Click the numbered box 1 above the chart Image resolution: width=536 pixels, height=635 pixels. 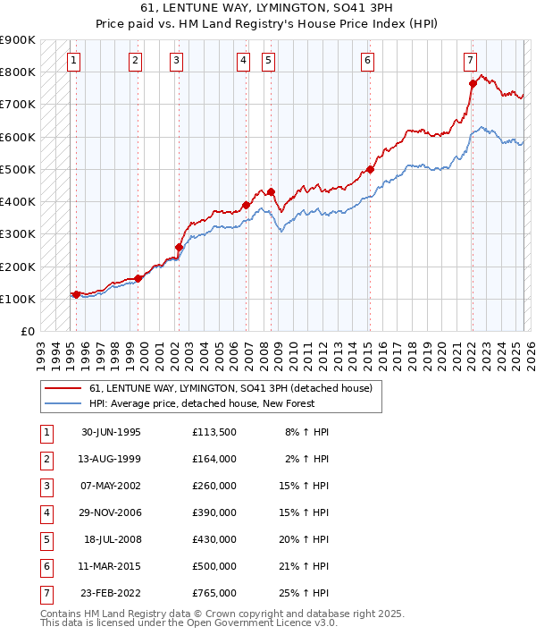click(73, 61)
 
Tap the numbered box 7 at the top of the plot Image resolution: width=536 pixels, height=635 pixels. click(470, 61)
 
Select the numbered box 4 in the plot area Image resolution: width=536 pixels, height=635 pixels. click(243, 61)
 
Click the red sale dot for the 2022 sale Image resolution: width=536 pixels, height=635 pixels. click(473, 83)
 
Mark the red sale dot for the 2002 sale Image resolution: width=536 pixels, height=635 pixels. click(180, 247)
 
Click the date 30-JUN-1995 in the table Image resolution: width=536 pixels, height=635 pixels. click(111, 432)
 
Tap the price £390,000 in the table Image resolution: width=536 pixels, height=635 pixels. click(214, 512)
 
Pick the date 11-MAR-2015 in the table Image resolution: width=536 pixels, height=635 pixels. click(111, 566)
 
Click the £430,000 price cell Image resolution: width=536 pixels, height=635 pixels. click(214, 539)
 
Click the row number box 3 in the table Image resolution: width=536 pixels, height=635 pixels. click(46, 486)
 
